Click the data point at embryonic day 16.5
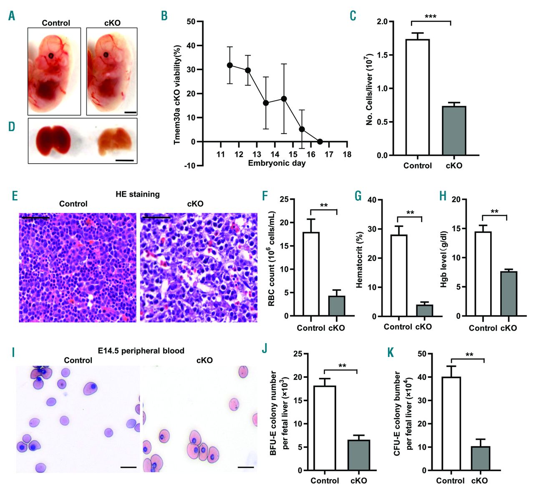point(320,142)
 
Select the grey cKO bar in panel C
point(454,131)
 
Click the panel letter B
point(164,16)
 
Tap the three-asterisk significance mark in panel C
point(430,17)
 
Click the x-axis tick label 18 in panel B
point(347,154)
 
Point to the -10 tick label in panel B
point(189,166)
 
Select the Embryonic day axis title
point(277,163)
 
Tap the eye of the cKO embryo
point(106,54)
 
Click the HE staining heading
point(138,194)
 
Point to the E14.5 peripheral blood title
point(141,351)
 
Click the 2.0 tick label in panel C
point(382,22)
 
